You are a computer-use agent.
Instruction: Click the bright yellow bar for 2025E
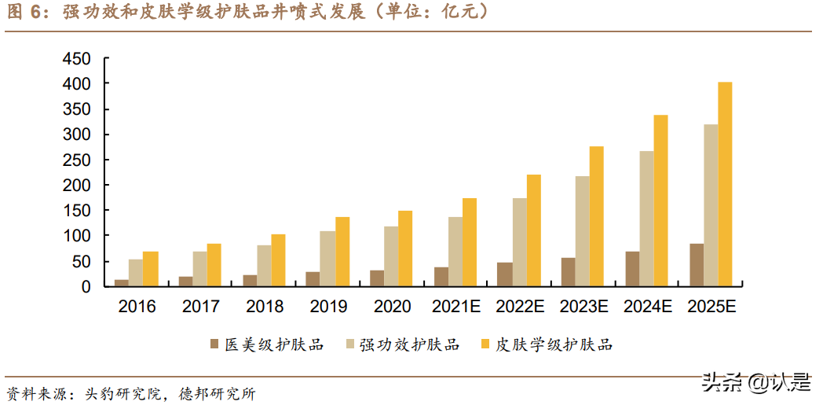coord(725,184)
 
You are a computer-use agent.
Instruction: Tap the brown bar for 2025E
coord(697,265)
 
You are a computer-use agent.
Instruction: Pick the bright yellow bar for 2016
coord(150,269)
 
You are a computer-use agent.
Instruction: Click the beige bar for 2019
coord(327,259)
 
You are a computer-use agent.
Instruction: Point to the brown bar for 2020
coord(377,278)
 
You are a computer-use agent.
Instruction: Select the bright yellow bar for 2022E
coord(534,230)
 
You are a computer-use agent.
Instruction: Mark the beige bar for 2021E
coord(455,252)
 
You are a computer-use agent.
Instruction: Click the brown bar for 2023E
coord(568,272)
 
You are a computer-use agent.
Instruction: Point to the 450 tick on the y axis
coord(76,59)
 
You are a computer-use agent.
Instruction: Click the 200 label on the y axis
coord(76,186)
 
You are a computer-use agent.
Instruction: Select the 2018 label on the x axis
coord(265,307)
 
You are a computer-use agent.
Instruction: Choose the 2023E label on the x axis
coord(583,307)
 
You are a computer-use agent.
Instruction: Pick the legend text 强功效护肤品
coord(409,344)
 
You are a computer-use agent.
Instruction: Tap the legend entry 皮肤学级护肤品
coord(554,344)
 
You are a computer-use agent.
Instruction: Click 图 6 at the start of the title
coord(26,12)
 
